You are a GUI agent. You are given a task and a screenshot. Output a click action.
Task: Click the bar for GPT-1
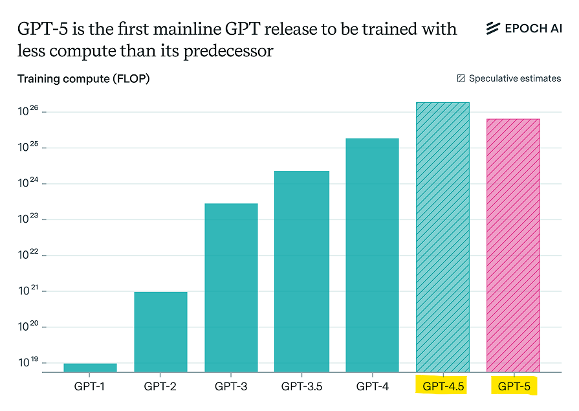click(90, 368)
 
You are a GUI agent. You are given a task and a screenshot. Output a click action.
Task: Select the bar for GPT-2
click(160, 331)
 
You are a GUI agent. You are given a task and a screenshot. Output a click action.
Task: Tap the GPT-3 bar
click(231, 287)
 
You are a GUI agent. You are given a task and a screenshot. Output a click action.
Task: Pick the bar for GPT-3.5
click(301, 271)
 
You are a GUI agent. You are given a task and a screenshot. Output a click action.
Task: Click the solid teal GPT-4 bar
click(372, 255)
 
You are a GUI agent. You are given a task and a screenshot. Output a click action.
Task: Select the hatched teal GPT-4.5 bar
click(442, 237)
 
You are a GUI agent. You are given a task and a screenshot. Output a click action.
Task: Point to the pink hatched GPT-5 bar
click(513, 245)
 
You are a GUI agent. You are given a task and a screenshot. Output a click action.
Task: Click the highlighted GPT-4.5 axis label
click(443, 387)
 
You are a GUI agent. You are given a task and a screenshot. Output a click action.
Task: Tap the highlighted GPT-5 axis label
click(514, 387)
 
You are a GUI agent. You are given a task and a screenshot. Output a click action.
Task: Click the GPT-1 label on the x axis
click(90, 387)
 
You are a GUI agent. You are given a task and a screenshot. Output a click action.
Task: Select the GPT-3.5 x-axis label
click(301, 387)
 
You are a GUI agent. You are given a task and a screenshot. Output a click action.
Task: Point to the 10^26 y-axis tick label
click(29, 111)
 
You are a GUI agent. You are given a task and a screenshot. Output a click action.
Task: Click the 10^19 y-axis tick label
click(29, 362)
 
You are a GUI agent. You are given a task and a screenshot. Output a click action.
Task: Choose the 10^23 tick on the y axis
click(29, 219)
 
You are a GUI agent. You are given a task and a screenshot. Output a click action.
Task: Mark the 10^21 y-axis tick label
click(29, 291)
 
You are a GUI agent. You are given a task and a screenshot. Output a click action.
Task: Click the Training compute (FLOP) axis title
click(83, 79)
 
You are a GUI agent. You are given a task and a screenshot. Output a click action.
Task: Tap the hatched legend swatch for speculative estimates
click(461, 78)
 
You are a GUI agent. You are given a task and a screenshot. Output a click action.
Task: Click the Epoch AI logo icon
click(494, 28)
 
